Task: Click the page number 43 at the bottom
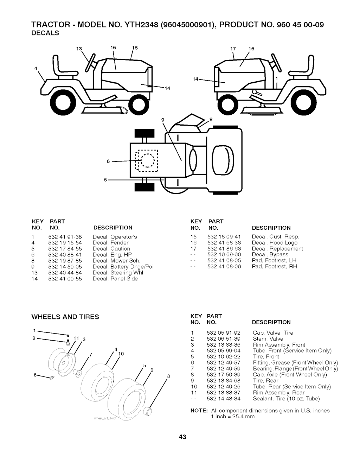pos(182,437)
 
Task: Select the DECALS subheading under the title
pos(45,33)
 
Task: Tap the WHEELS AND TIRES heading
pos(65,317)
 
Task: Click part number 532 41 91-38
pos(65,237)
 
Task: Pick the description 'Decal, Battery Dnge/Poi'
pos(123,267)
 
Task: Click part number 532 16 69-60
pos(224,254)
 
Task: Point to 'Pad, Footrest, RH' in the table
pos(274,266)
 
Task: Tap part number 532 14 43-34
pos(224,399)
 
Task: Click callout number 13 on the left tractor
pos(79,49)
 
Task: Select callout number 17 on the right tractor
pos(233,49)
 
